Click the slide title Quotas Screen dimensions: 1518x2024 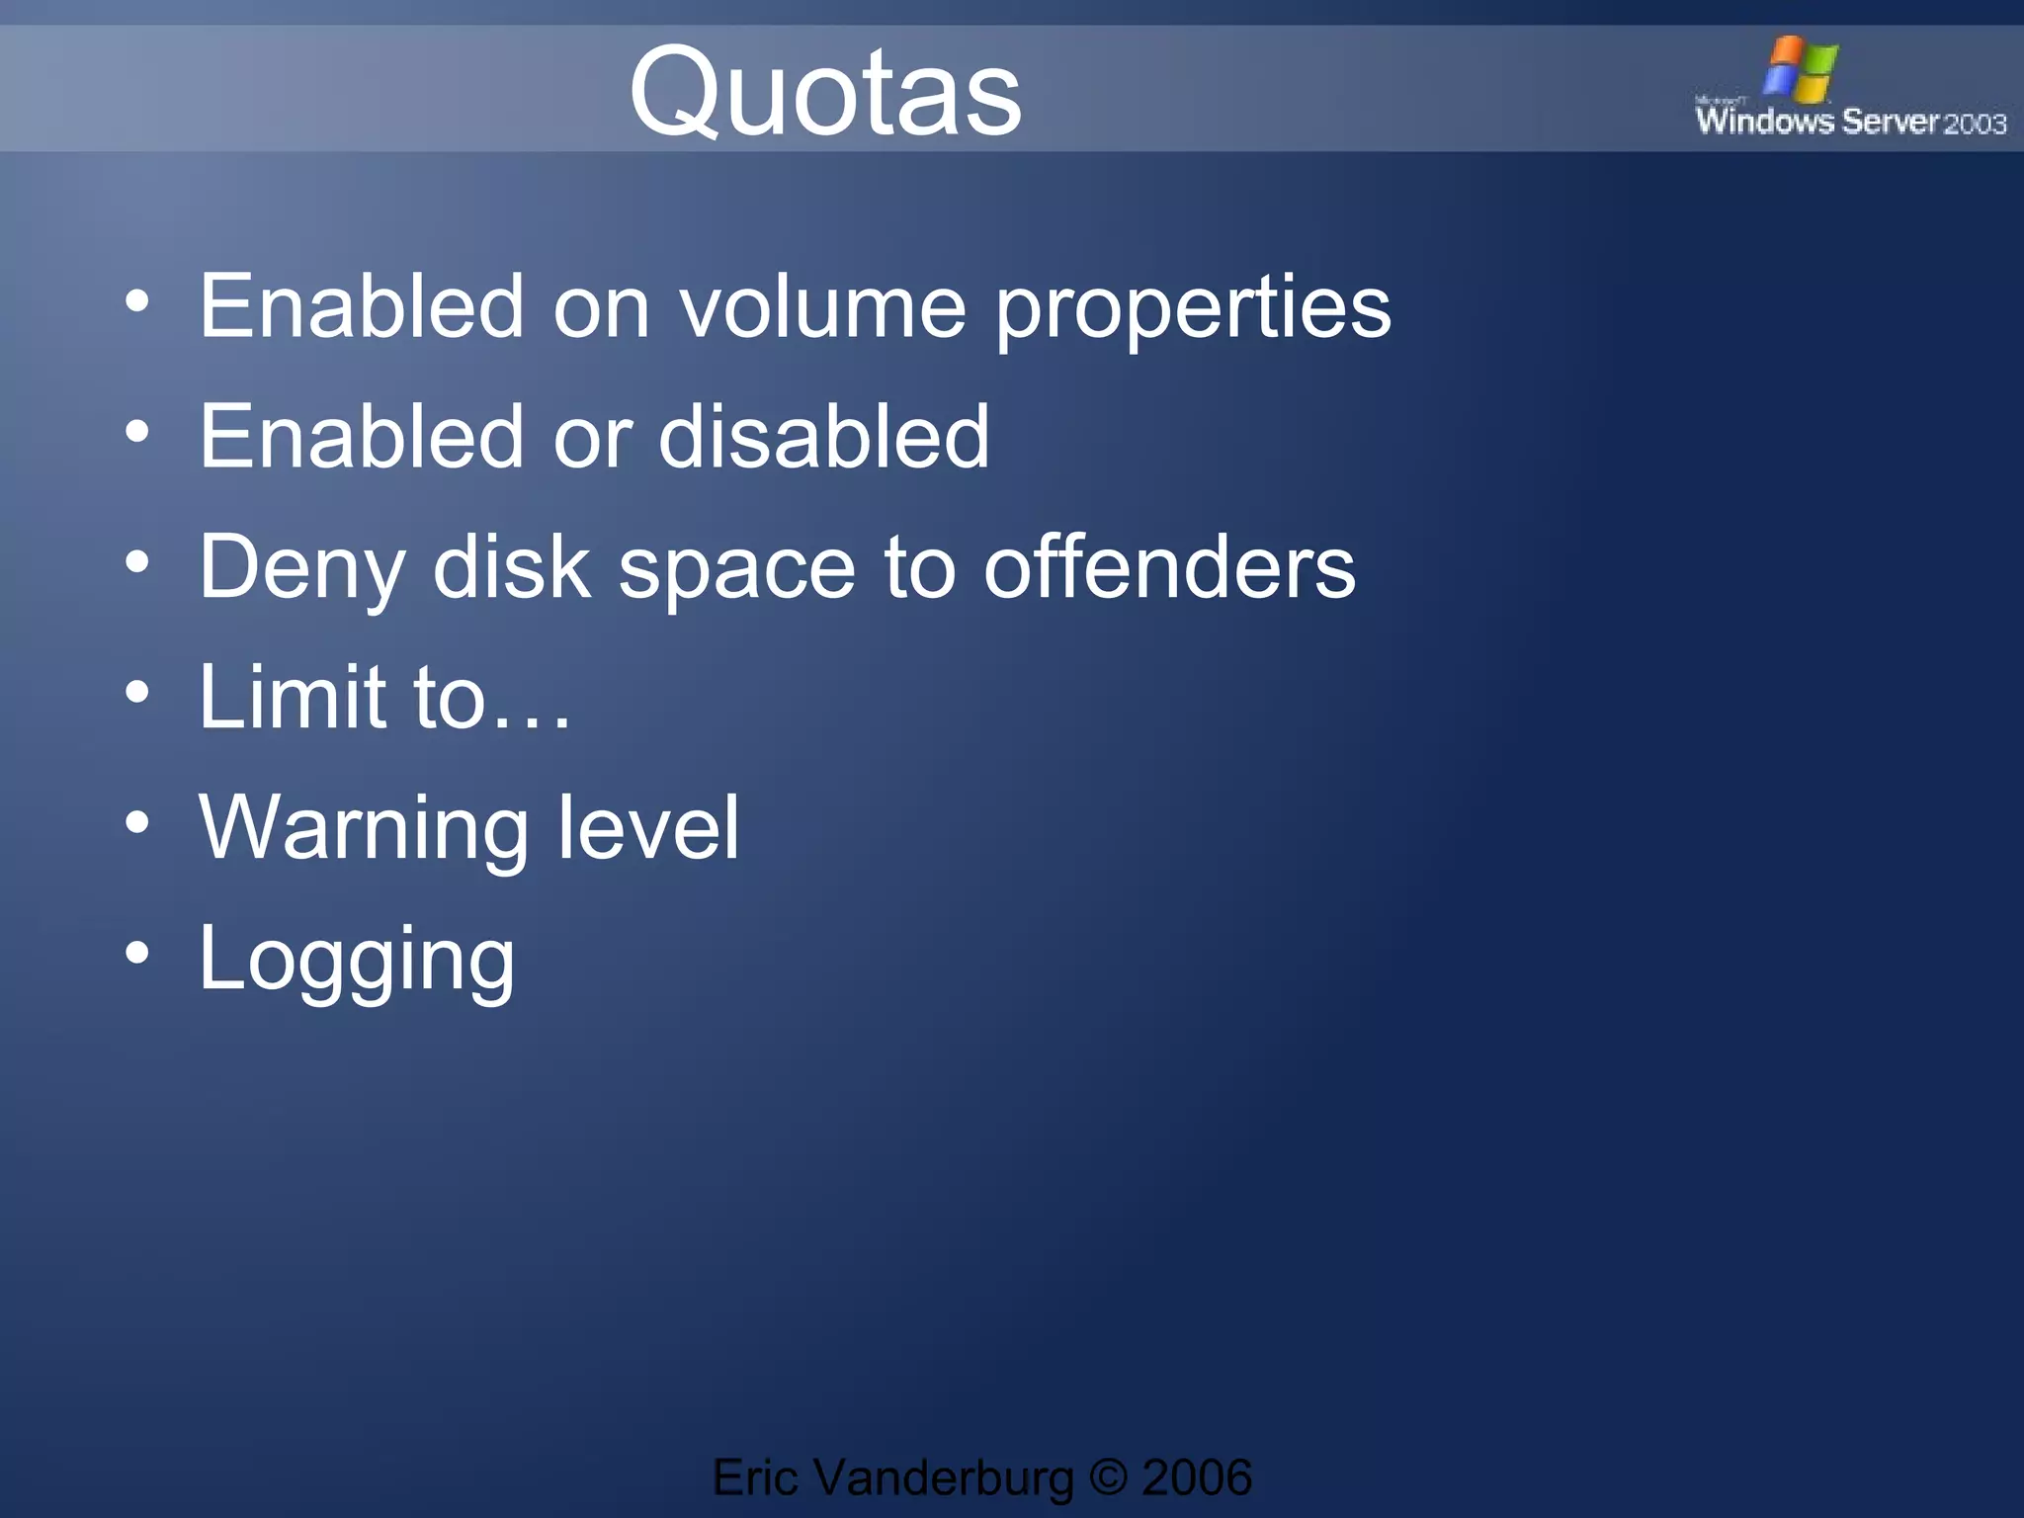[825, 92]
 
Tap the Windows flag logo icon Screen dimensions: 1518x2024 [1801, 68]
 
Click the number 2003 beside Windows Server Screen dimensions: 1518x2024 [1975, 124]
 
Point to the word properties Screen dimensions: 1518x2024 [1193, 310]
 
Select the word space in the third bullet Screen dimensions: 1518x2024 [736, 571]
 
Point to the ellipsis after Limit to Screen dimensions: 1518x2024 [531, 725]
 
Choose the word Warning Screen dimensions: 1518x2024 [363, 830]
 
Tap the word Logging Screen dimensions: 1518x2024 [357, 961]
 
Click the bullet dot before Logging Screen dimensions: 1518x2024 [137, 953]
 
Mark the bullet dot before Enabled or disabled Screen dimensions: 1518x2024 [137, 431]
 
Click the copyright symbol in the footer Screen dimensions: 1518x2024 [1108, 1477]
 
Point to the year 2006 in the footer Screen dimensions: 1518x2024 [1196, 1477]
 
